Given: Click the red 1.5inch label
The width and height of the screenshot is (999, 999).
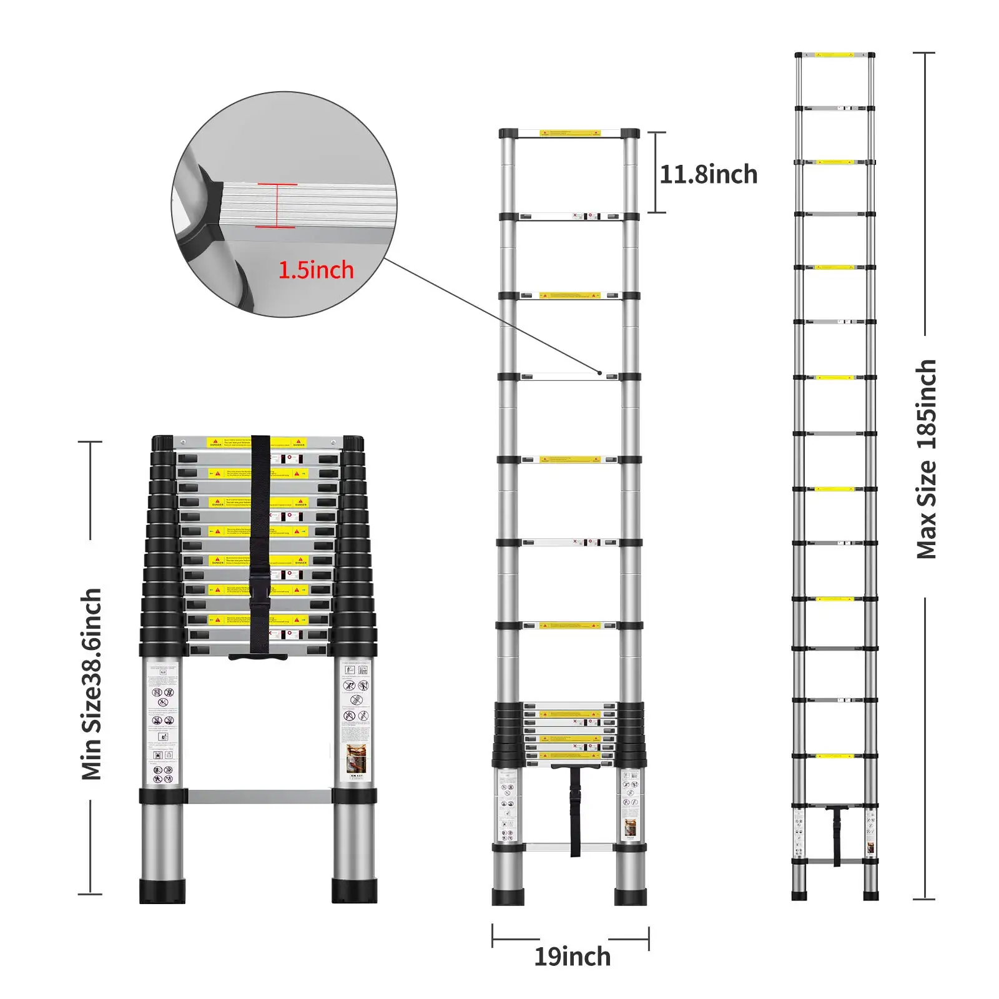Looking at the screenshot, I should (x=316, y=270).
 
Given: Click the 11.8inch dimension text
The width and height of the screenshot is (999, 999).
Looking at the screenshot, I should (x=708, y=175).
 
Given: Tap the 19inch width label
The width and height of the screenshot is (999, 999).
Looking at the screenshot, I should (x=572, y=957).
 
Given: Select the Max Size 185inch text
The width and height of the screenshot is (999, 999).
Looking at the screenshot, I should (x=927, y=459).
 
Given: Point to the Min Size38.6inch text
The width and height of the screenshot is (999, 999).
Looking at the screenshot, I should (x=92, y=684).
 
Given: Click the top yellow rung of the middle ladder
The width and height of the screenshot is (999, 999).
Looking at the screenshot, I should (x=569, y=133).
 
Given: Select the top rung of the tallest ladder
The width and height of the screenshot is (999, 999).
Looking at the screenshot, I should (x=834, y=56).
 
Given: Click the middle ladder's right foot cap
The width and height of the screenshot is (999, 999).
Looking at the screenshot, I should (x=631, y=897).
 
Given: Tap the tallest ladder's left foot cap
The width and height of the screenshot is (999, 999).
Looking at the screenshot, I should (x=799, y=895).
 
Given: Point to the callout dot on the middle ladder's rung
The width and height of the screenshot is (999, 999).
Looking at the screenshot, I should (x=600, y=373).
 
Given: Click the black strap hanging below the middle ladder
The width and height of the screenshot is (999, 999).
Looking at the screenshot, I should (x=575, y=812).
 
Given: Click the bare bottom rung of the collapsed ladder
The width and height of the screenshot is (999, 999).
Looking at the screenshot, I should (x=259, y=796).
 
